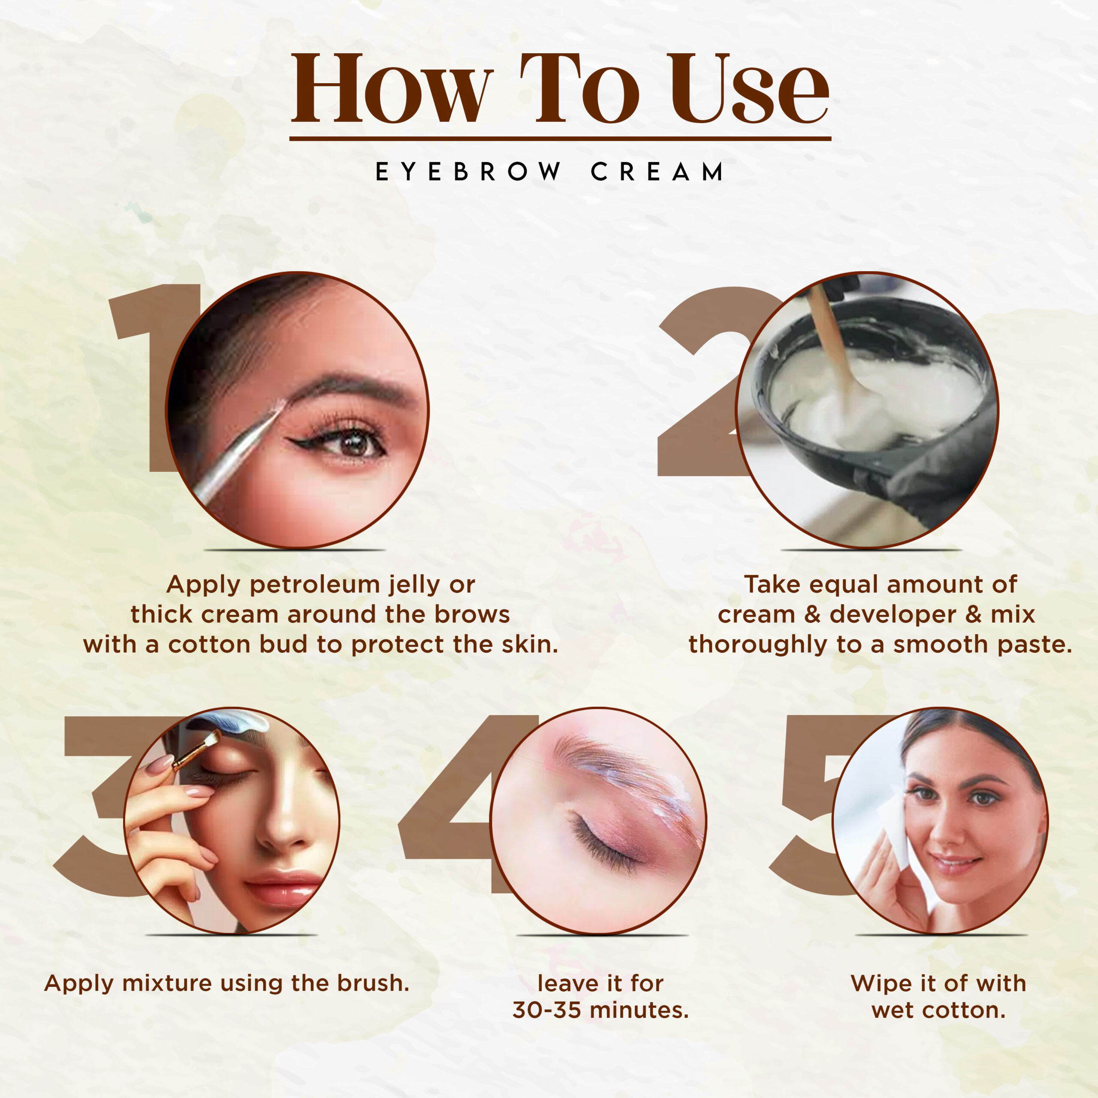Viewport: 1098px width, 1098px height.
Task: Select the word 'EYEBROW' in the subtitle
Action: [x=468, y=172]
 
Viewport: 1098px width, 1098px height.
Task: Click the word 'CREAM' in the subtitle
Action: [x=657, y=172]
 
